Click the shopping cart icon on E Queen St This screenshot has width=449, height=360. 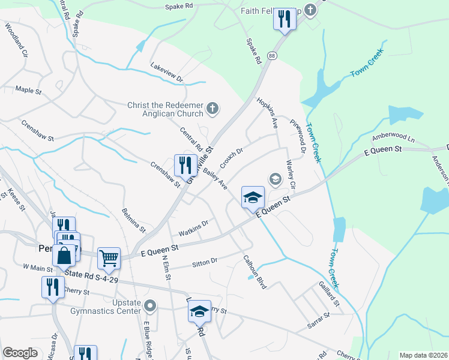[x=109, y=258]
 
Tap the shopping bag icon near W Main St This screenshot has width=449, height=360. [x=64, y=254]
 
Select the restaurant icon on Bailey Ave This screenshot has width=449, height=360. [x=186, y=165]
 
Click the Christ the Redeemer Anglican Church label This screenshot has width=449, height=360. [x=165, y=109]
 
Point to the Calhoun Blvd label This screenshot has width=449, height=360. [x=255, y=272]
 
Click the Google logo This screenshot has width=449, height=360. [x=20, y=353]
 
